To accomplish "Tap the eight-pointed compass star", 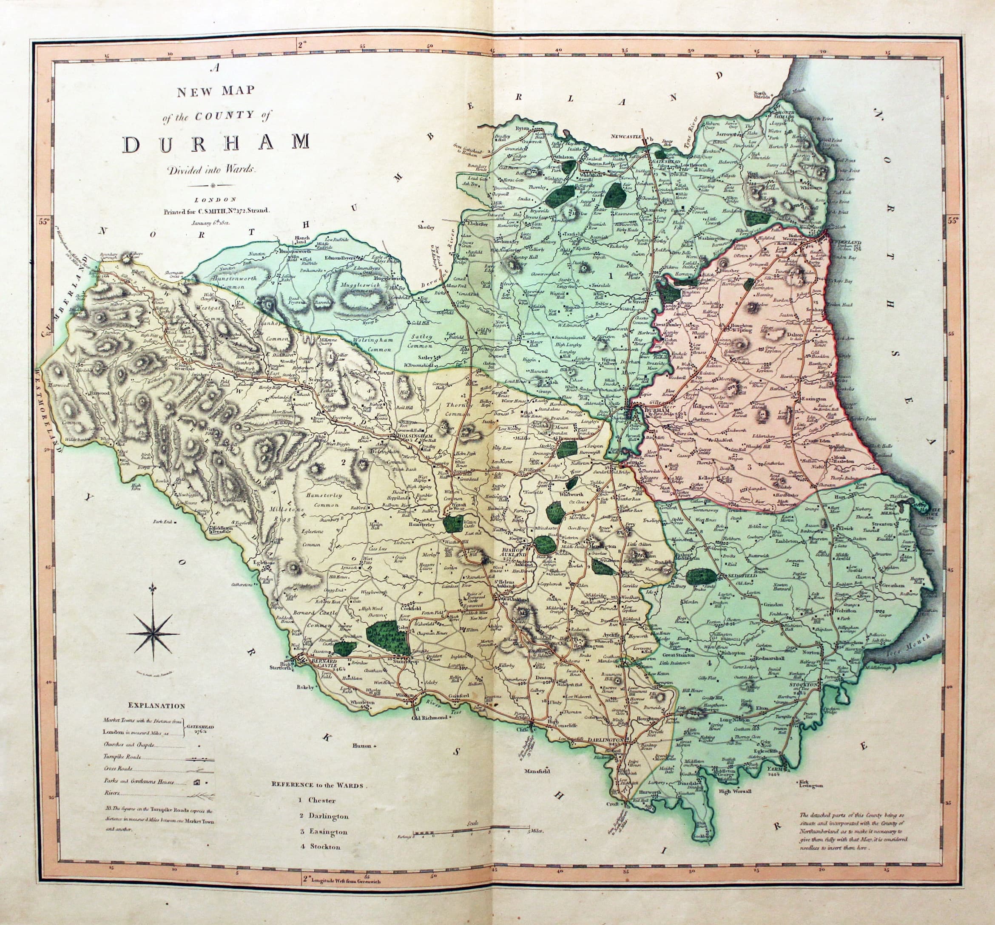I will click(153, 634).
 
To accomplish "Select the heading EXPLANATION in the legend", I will click(156, 706).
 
